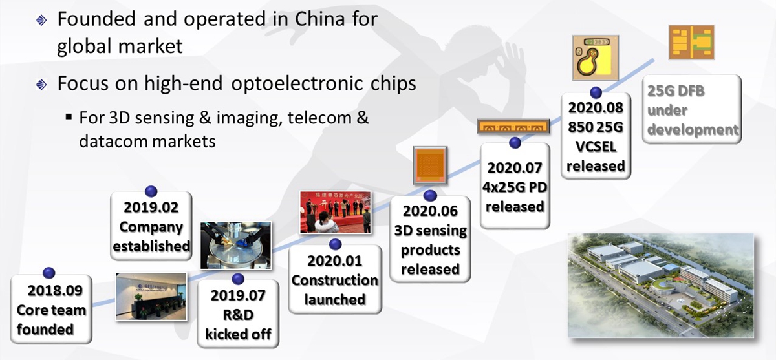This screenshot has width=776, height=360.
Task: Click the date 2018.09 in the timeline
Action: click(x=55, y=290)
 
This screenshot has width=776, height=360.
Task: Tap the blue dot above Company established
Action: click(x=151, y=191)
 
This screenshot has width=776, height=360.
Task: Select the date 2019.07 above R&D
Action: click(x=238, y=295)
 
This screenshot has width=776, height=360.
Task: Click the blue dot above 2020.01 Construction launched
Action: click(x=336, y=244)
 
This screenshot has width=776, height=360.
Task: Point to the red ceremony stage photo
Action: click(x=336, y=212)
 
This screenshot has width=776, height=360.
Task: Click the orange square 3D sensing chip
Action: click(x=430, y=165)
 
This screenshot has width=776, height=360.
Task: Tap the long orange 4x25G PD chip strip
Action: click(x=513, y=126)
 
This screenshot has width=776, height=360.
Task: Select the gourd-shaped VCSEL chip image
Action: click(x=595, y=58)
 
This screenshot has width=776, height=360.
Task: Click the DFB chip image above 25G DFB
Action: click(x=691, y=42)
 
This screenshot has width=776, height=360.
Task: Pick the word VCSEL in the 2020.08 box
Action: click(x=596, y=147)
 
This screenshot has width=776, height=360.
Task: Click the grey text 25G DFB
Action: click(x=676, y=91)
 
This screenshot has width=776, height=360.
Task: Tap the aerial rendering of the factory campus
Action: click(x=661, y=285)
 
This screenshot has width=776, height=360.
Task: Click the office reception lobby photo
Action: click(x=151, y=297)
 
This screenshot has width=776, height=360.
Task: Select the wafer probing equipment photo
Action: click(x=235, y=245)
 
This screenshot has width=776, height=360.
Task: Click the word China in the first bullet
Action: click(x=319, y=19)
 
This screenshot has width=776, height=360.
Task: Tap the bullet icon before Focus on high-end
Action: click(x=41, y=84)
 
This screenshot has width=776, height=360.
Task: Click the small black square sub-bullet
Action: click(x=69, y=116)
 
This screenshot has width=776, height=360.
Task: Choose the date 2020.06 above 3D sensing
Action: click(x=430, y=211)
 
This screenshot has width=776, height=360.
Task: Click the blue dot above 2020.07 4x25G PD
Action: click(x=515, y=143)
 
